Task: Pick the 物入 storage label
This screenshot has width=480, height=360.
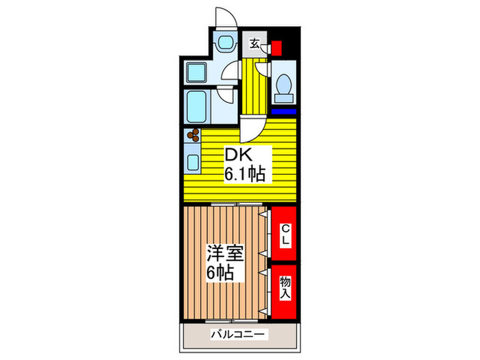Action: pos(283,286)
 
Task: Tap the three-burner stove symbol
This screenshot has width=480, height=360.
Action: pos(192,134)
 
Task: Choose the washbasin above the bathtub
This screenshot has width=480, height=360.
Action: pos(197,70)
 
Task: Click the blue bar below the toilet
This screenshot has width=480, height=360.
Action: pos(283,111)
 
